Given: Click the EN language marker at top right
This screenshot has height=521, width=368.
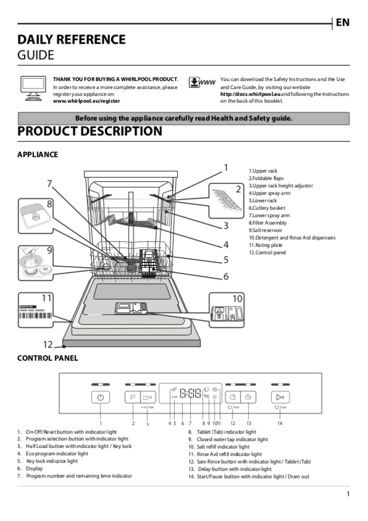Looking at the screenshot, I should [x=342, y=23].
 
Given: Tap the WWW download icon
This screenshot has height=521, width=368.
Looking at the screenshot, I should [x=202, y=82].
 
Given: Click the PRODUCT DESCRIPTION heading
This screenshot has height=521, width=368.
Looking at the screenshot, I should [x=90, y=131].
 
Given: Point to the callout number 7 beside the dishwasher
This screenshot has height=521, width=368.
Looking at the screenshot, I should [x=49, y=184].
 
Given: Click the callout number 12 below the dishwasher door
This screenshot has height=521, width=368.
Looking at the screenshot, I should [x=48, y=345].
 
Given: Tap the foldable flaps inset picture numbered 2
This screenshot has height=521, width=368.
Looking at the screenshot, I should [x=226, y=197].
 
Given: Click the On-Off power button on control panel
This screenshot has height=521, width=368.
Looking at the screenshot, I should [x=100, y=398].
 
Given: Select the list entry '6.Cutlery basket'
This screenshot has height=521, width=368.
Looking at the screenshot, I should [x=267, y=208].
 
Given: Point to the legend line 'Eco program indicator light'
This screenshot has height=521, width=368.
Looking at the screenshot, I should [x=56, y=453].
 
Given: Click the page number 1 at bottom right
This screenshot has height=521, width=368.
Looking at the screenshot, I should [x=348, y=494].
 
